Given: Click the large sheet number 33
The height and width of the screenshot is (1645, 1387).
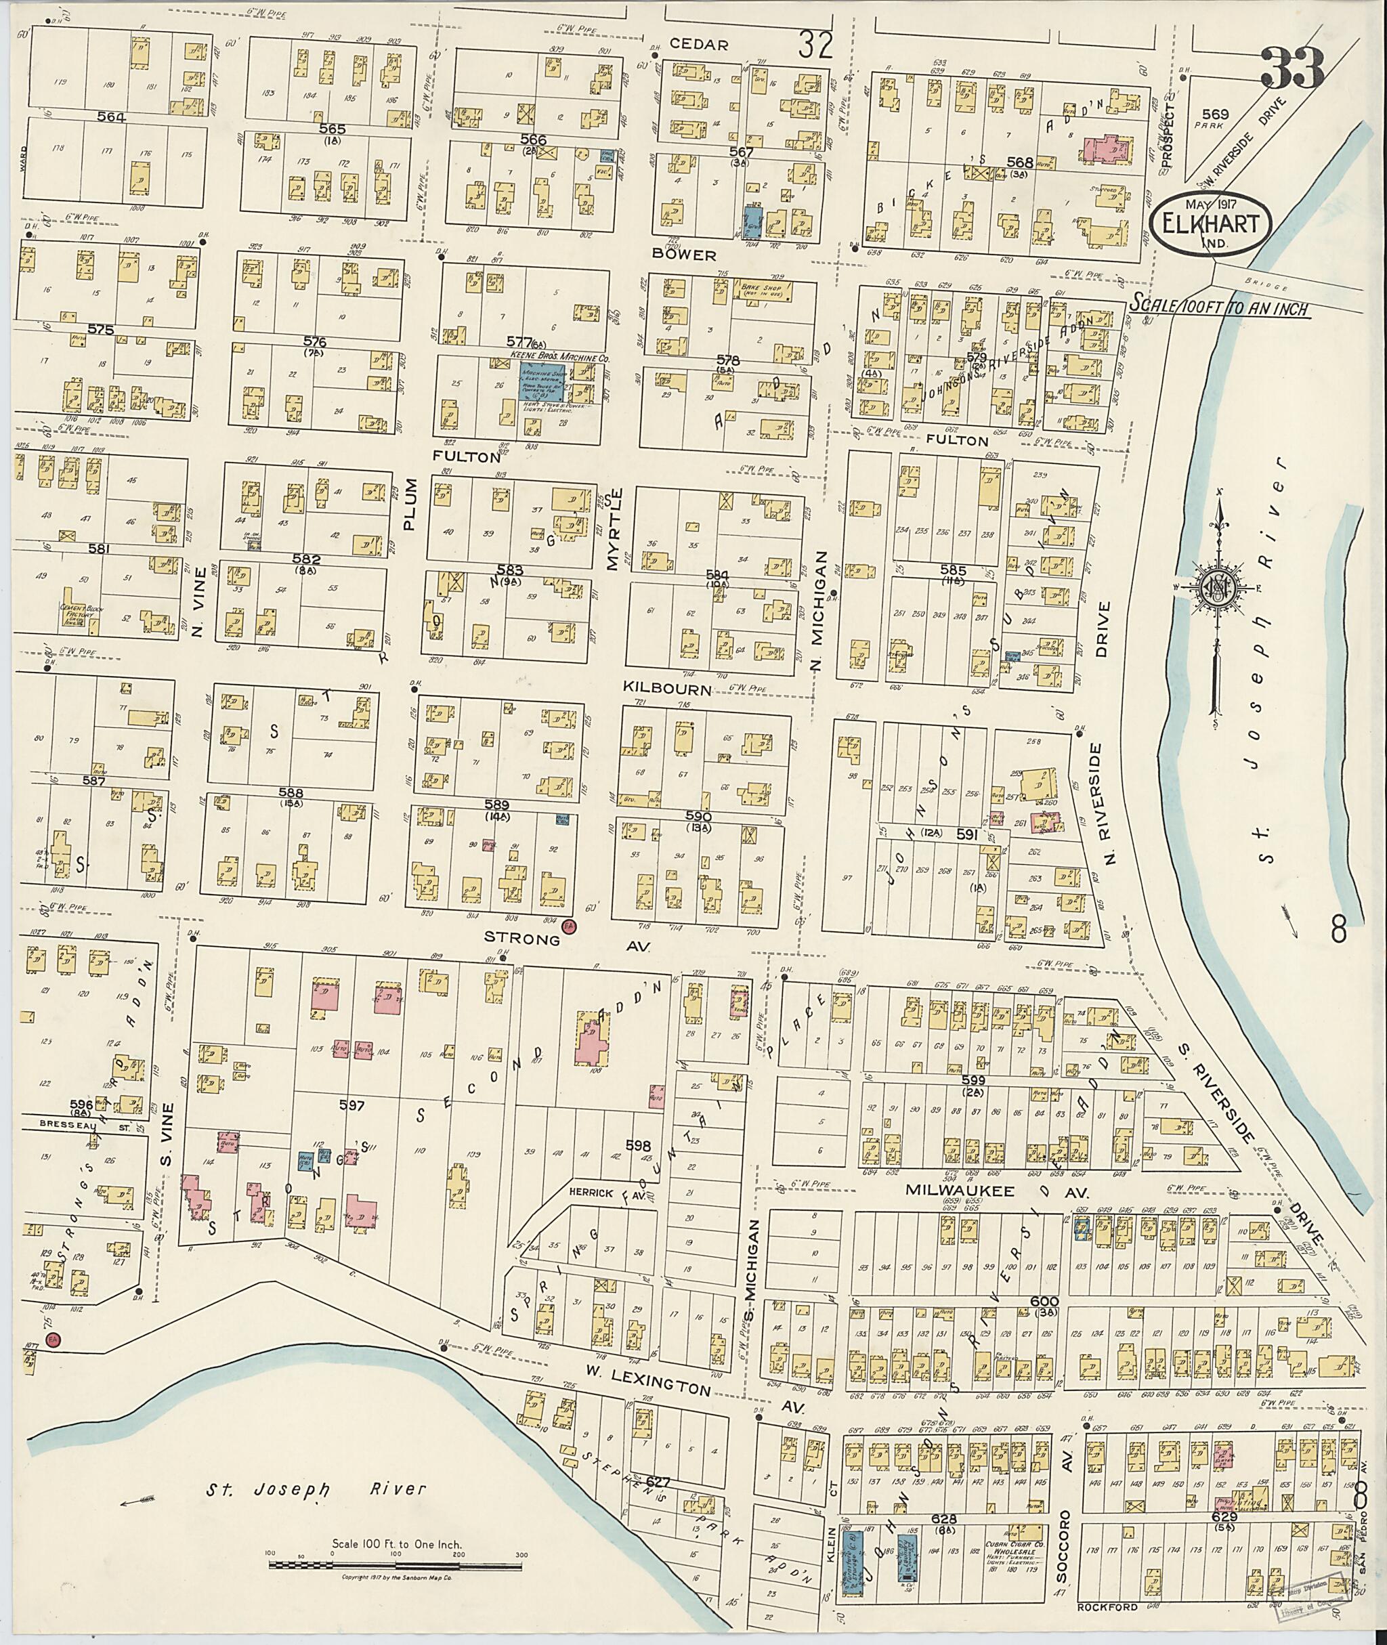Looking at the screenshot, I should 1293,68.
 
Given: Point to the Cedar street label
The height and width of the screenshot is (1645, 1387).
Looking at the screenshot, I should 709,44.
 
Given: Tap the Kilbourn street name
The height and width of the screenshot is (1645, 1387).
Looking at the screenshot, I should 667,689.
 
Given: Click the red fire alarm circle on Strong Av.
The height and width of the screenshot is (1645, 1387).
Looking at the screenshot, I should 570,928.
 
